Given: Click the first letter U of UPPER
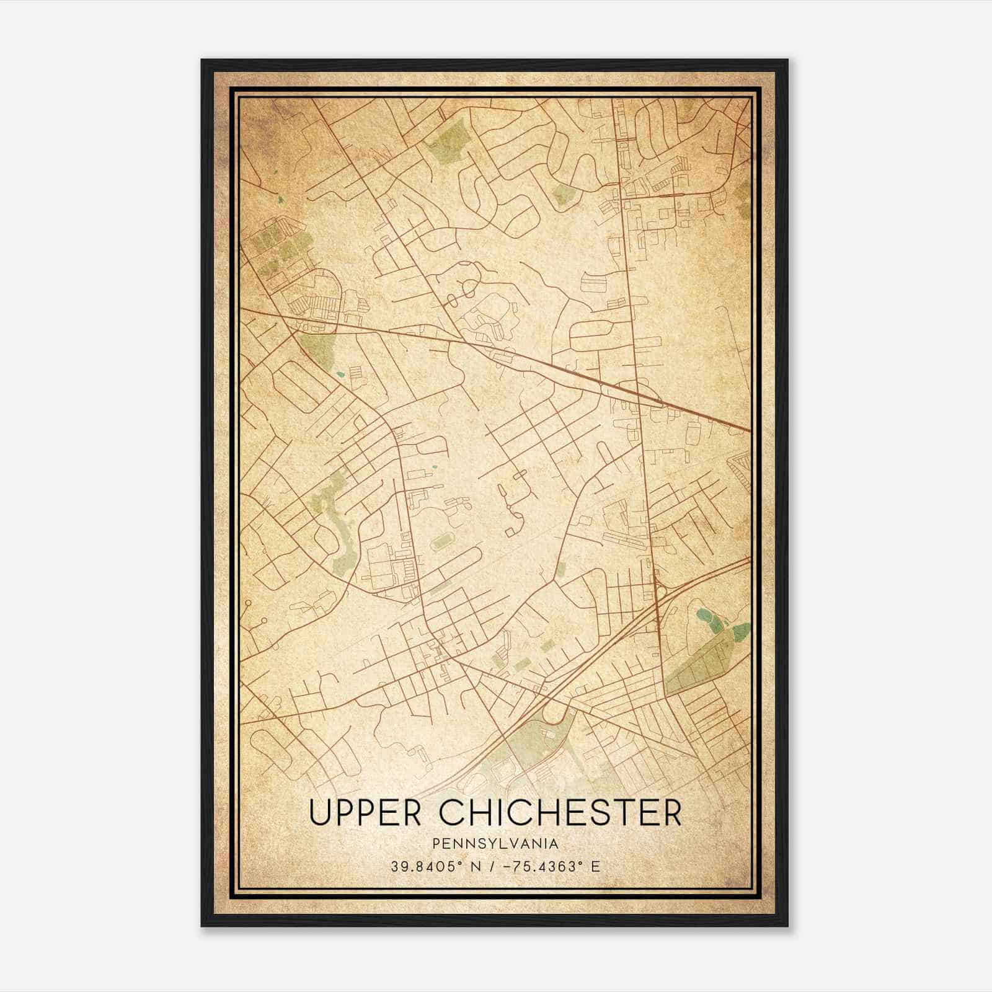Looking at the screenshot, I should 321,813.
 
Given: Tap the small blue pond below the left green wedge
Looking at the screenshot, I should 339,374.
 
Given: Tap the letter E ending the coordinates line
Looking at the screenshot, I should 596,866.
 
